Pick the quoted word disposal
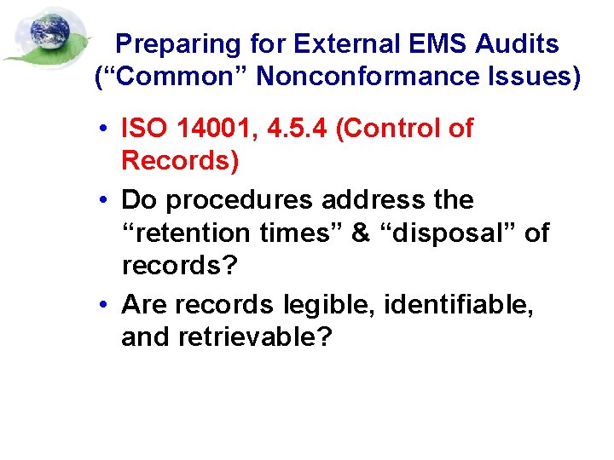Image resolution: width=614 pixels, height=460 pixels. coord(449,233)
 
